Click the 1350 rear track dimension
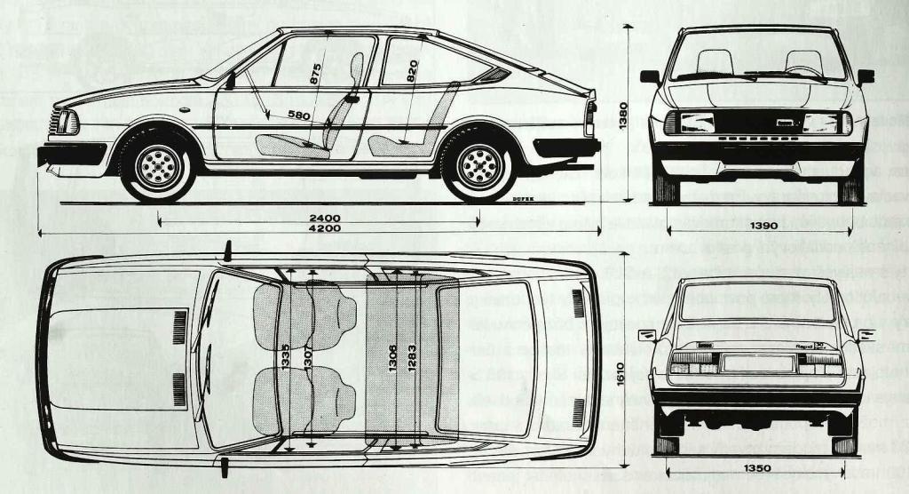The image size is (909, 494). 756,466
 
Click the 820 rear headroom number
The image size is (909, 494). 412,72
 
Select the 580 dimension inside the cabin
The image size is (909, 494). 299,114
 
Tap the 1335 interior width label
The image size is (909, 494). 285,360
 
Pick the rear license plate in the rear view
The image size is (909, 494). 756,363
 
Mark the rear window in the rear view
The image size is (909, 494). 756,302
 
